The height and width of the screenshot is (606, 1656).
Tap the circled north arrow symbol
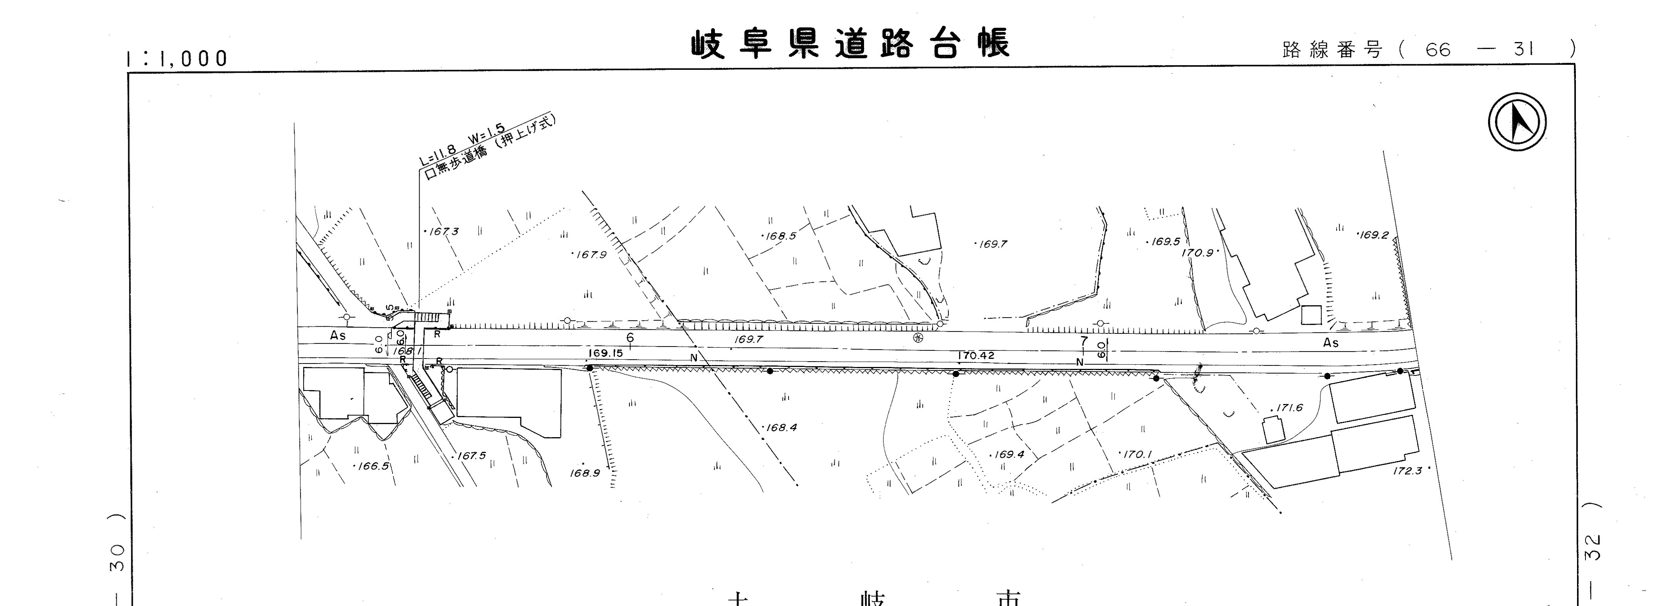1517,122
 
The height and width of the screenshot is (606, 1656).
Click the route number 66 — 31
1478,49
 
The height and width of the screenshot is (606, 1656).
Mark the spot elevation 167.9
590,255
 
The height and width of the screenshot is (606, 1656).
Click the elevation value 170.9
1198,253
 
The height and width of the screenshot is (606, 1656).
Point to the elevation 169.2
1374,235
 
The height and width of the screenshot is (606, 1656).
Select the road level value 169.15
605,353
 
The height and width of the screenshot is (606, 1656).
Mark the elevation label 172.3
1408,471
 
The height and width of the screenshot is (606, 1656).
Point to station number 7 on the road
1084,341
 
